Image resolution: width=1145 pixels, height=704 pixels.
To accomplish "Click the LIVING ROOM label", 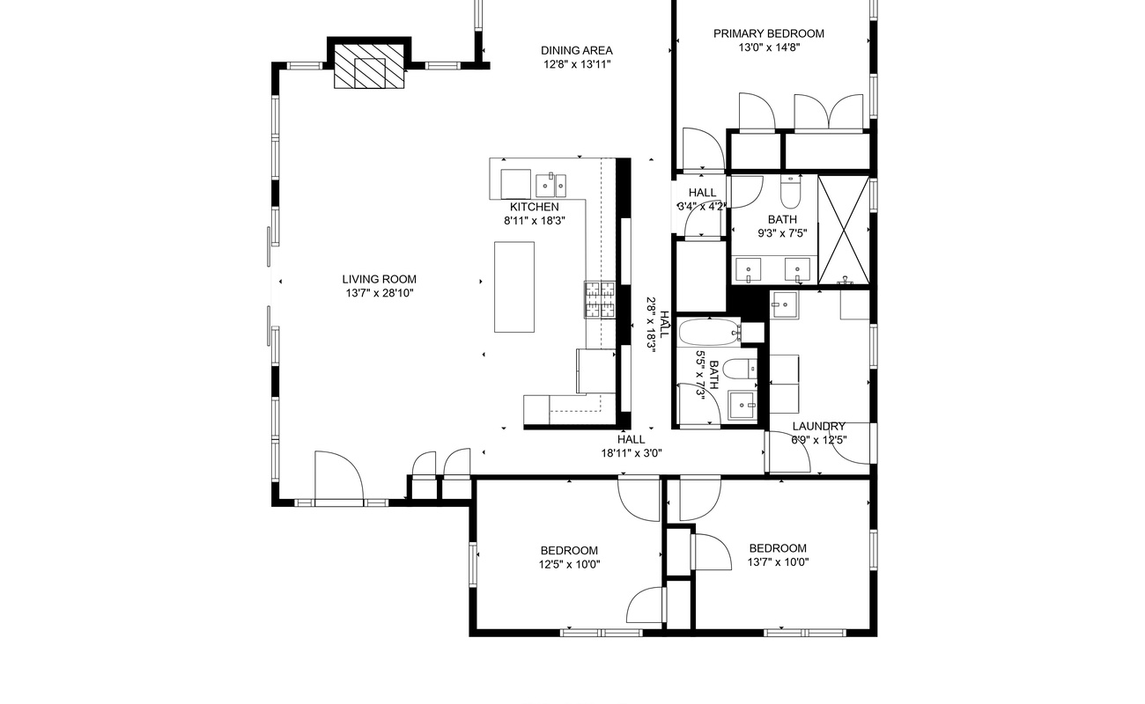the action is pyautogui.click(x=380, y=280).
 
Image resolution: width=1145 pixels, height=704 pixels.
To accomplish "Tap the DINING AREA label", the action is pyautogui.click(x=577, y=50).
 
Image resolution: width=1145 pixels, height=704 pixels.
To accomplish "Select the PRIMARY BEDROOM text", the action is pyautogui.click(x=769, y=33).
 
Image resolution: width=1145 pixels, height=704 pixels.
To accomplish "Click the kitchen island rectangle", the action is pyautogui.click(x=514, y=287).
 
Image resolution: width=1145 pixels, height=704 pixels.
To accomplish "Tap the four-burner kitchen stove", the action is pyautogui.click(x=600, y=299).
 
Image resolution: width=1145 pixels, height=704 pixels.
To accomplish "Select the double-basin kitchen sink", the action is pyautogui.click(x=551, y=185).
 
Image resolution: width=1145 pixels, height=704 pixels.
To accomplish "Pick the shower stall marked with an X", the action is pyautogui.click(x=844, y=230).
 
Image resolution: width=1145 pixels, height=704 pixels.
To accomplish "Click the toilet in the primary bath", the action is pyautogui.click(x=791, y=192).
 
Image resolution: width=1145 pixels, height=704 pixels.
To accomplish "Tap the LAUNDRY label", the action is pyautogui.click(x=819, y=427).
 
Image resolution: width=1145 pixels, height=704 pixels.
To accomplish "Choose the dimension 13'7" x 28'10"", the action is pyautogui.click(x=380, y=293).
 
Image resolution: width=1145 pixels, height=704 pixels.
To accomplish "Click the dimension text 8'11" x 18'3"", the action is pyautogui.click(x=535, y=221).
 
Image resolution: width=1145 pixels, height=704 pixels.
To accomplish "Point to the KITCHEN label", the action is pyautogui.click(x=535, y=207).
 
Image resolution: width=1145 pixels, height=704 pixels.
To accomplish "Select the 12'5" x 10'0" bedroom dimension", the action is pyautogui.click(x=570, y=565).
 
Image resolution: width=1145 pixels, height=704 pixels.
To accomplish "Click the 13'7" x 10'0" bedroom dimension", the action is pyautogui.click(x=778, y=562).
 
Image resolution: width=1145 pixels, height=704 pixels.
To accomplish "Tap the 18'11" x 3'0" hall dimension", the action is pyautogui.click(x=632, y=453).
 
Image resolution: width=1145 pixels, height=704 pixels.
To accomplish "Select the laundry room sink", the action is pyautogui.click(x=785, y=305).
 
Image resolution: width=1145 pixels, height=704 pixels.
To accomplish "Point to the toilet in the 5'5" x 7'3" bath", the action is pyautogui.click(x=741, y=369).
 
